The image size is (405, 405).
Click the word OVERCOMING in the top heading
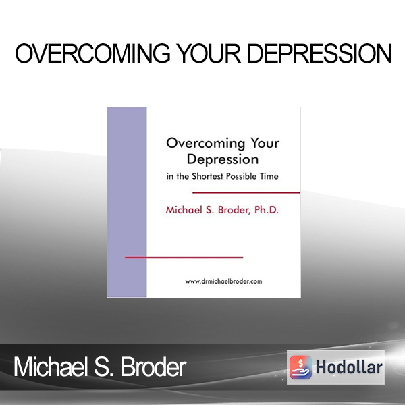tap(92, 53)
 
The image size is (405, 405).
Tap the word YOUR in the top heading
tap(210, 53)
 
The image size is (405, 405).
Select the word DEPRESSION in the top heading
tap(320, 53)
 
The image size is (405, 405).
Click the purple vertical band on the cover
tap(127, 202)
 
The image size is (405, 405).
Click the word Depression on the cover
tap(223, 159)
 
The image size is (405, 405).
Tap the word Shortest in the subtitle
tap(208, 176)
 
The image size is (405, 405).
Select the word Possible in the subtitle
tap(242, 176)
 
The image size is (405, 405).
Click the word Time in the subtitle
tap(269, 176)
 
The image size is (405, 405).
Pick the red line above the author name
tap(246, 192)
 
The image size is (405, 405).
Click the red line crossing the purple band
tap(184, 257)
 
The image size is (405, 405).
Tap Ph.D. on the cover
tap(267, 210)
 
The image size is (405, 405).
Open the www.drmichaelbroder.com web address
tap(223, 281)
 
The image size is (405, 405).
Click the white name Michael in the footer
tap(49, 367)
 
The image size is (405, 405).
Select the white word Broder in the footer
tap(153, 367)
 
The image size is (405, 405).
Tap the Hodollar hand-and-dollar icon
tap(300, 367)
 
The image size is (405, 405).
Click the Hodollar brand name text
tap(349, 367)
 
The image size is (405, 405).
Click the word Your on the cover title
tap(265, 143)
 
